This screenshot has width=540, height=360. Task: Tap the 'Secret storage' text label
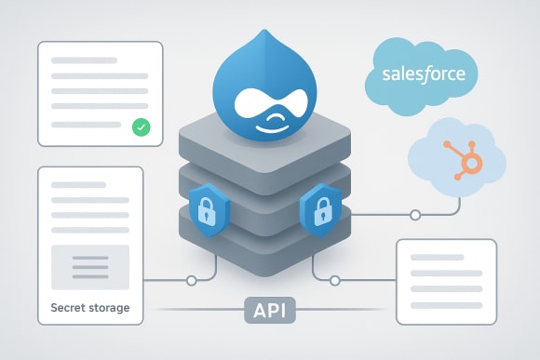(x=90, y=307)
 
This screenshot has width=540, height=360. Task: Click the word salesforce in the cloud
(x=424, y=74)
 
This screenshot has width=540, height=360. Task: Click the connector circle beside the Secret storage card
(x=192, y=280)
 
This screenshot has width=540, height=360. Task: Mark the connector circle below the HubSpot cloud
(x=415, y=216)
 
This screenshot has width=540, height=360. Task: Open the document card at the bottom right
(x=446, y=280)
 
